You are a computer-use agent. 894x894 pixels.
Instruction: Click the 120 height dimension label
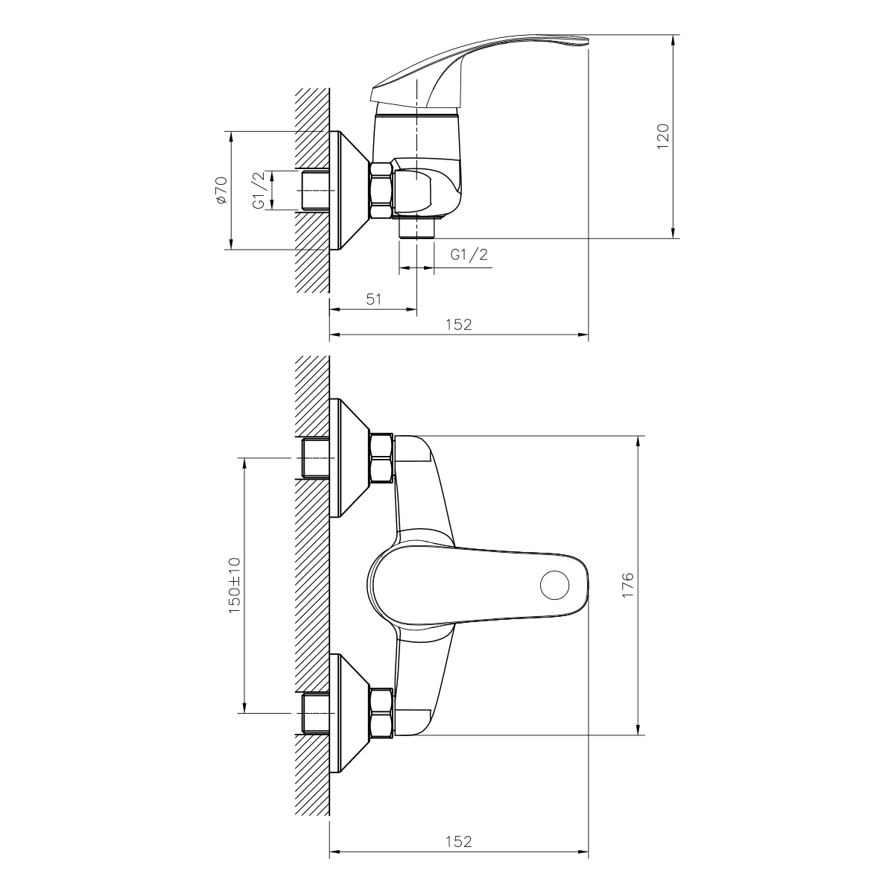click(664, 136)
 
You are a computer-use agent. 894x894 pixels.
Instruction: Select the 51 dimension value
click(374, 299)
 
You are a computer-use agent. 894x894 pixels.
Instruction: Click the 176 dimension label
click(627, 585)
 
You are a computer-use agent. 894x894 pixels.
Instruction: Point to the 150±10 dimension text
click(235, 586)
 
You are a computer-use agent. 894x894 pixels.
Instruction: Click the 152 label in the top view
click(459, 324)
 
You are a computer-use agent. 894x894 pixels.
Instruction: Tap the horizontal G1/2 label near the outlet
click(469, 254)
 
